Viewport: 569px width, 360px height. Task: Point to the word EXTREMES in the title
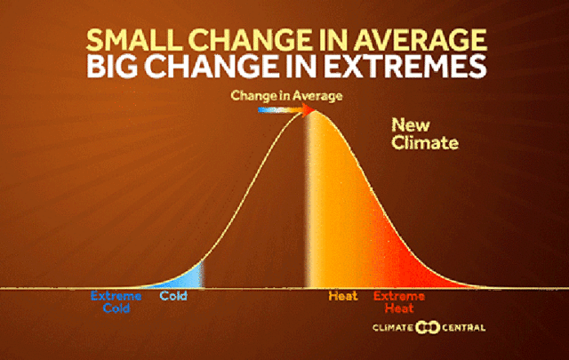tap(399, 68)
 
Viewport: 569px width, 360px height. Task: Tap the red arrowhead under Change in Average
tap(309, 110)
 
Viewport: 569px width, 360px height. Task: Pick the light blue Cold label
tap(173, 297)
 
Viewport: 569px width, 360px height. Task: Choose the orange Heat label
tap(342, 297)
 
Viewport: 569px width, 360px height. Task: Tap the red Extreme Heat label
tap(398, 302)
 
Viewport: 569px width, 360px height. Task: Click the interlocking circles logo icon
tap(429, 328)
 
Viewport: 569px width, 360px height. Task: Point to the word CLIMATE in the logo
tap(394, 328)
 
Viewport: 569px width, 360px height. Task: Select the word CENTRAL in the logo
tap(465, 328)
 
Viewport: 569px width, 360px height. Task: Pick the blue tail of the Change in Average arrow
tap(265, 110)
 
